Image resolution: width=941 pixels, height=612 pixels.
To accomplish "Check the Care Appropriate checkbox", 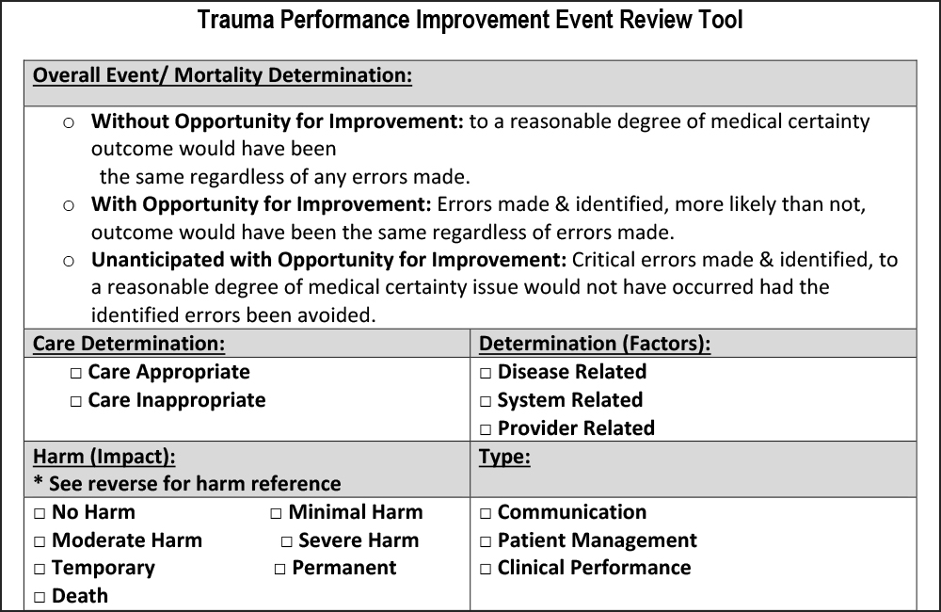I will pyautogui.click(x=76, y=374).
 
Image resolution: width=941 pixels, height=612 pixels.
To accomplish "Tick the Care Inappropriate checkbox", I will pyautogui.click(x=76, y=402).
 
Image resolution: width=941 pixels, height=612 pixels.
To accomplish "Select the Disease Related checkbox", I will pyautogui.click(x=486, y=374).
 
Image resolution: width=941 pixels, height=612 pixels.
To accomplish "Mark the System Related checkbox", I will pyautogui.click(x=486, y=402).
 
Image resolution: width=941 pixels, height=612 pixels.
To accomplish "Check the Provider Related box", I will pyautogui.click(x=486, y=430).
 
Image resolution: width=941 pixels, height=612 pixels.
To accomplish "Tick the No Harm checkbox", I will pyautogui.click(x=40, y=514).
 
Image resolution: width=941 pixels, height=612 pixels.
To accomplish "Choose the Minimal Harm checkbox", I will pyautogui.click(x=277, y=514).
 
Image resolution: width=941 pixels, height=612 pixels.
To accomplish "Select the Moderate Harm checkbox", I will pyautogui.click(x=40, y=542).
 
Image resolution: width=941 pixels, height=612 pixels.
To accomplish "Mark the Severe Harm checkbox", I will pyautogui.click(x=287, y=542).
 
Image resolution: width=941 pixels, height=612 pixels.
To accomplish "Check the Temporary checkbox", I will pyautogui.click(x=40, y=570).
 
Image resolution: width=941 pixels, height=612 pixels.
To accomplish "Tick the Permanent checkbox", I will pyautogui.click(x=280, y=570).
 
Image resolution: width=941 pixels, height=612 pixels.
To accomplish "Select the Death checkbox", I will pyautogui.click(x=40, y=598).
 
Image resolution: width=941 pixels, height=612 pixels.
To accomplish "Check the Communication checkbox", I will pyautogui.click(x=486, y=514).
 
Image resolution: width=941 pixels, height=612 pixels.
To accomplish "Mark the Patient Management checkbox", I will pyautogui.click(x=486, y=542).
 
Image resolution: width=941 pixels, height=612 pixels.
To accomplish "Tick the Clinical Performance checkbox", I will pyautogui.click(x=486, y=570).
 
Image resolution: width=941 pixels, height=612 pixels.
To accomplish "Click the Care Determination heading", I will pyautogui.click(x=129, y=344).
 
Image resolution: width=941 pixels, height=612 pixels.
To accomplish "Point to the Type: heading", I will pyautogui.click(x=504, y=457).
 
